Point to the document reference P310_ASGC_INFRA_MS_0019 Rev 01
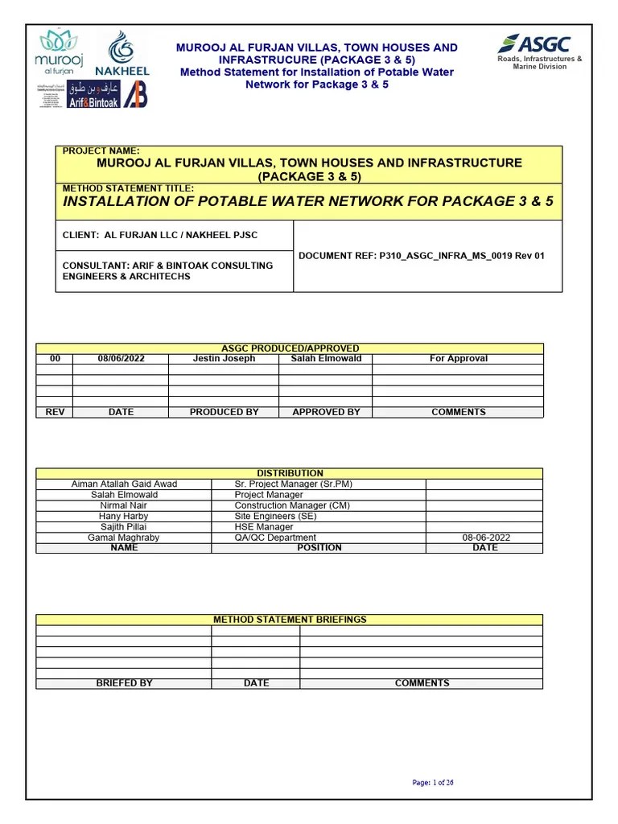click(x=421, y=256)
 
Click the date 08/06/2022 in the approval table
click(x=121, y=359)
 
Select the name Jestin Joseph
click(x=224, y=359)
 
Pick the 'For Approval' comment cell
click(x=458, y=359)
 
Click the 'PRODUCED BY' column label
click(x=224, y=412)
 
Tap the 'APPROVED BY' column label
click(x=326, y=412)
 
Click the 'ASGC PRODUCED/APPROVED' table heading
click(x=290, y=348)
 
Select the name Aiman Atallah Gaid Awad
click(x=124, y=484)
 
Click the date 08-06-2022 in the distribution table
click(x=485, y=538)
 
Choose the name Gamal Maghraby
click(x=124, y=538)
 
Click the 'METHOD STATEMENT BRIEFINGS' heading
click(x=290, y=620)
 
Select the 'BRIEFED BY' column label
click(x=124, y=683)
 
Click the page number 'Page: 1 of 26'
click(x=433, y=782)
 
